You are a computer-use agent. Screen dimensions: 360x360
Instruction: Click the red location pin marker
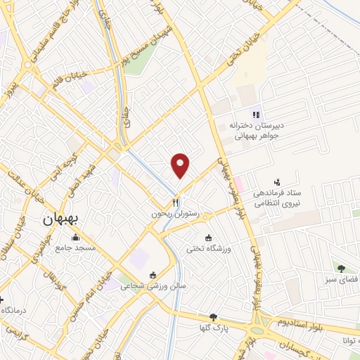click(181, 164)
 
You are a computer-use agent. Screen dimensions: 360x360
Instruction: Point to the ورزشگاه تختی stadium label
click(209, 247)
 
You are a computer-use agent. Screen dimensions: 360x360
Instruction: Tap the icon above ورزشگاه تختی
click(208, 236)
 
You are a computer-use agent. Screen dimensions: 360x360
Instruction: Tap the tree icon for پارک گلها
click(213, 318)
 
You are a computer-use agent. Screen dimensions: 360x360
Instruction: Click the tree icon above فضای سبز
click(341, 268)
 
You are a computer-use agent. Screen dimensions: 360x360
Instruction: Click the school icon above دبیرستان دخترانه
click(257, 115)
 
